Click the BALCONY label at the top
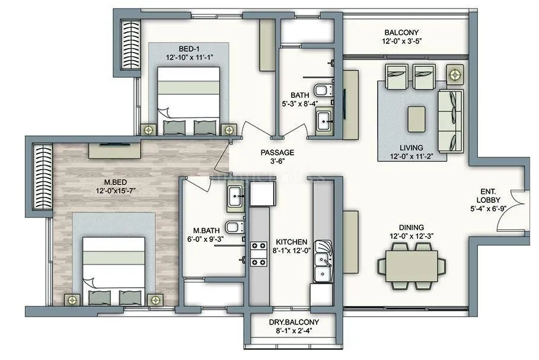tap(401, 33)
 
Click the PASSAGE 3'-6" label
tap(278, 152)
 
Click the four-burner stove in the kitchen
tap(259, 253)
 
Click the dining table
tap(411, 261)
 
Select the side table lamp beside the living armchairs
tap(455, 75)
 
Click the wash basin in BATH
tap(324, 122)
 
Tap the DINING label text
tap(411, 227)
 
